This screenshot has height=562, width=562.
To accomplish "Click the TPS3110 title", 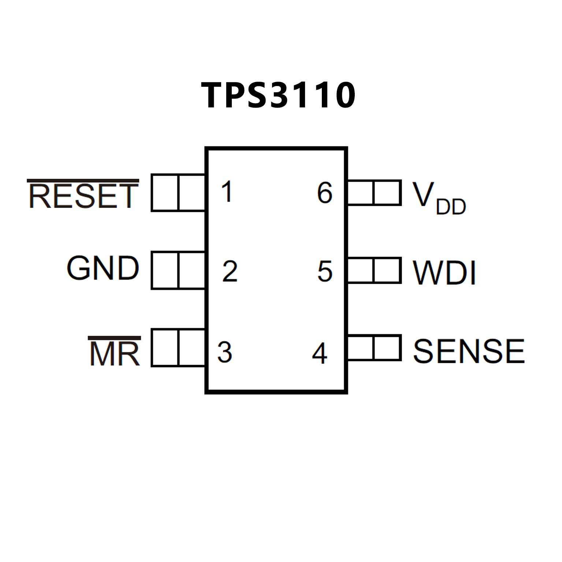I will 278,95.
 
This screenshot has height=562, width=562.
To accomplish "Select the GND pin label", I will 103,268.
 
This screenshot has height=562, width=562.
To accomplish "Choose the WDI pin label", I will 444,272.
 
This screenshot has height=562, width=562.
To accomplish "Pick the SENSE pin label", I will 469,351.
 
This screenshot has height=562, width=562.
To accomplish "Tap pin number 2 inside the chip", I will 230,271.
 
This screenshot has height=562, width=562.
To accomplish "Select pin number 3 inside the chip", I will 224,352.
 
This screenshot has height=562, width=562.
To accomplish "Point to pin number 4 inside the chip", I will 320,353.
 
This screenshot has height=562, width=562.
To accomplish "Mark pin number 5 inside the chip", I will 325,271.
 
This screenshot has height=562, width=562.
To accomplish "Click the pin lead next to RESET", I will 178,193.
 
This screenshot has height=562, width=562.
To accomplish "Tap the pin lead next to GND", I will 178,270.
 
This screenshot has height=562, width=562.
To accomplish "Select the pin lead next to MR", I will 178,347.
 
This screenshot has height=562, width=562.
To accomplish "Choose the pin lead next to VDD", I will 374,193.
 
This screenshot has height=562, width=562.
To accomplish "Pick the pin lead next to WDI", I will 374,270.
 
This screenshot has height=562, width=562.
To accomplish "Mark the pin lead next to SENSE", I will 374,347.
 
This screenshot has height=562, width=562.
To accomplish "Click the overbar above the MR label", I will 115,338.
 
